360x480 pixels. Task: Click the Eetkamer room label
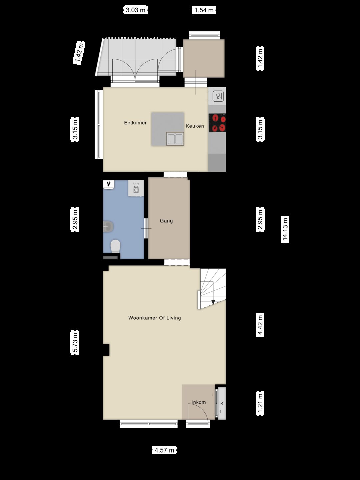(x=135, y=123)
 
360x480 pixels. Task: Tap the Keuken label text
(x=195, y=126)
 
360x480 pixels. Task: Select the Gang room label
(x=166, y=221)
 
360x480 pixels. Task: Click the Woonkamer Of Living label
(x=155, y=318)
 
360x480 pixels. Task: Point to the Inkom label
(x=199, y=402)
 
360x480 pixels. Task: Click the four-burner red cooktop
(x=217, y=123)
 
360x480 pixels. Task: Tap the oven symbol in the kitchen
(x=218, y=96)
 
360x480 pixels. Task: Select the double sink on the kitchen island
(x=175, y=139)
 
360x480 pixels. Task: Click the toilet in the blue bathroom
(x=115, y=246)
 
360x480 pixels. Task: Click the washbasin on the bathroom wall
(x=108, y=227)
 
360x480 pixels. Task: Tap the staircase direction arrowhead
(x=213, y=302)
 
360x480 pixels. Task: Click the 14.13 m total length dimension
(x=285, y=229)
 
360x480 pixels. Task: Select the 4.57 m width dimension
(x=164, y=450)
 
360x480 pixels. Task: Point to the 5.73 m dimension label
(x=75, y=343)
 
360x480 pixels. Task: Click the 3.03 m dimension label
(x=136, y=10)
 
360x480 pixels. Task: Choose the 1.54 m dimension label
(x=204, y=10)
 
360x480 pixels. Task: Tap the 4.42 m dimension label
(x=260, y=325)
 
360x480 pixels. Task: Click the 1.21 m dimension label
(x=260, y=403)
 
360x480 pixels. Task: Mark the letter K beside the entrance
(x=222, y=403)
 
